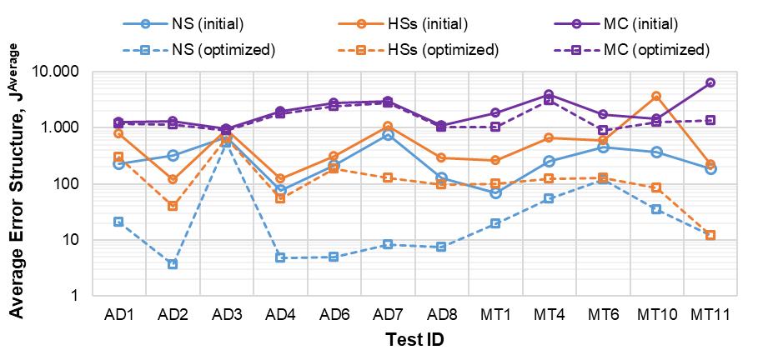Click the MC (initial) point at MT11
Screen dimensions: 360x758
pyautogui.click(x=710, y=82)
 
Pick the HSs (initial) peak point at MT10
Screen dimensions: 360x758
pyautogui.click(x=656, y=97)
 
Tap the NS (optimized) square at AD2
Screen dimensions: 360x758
pyautogui.click(x=173, y=264)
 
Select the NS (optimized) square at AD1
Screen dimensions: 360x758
pyautogui.click(x=118, y=222)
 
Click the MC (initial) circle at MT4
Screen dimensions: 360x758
pyautogui.click(x=549, y=95)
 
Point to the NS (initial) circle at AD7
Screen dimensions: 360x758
pyautogui.click(x=388, y=134)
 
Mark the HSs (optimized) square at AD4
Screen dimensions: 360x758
pyautogui.click(x=280, y=198)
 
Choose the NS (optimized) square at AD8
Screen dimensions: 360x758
pyautogui.click(x=441, y=247)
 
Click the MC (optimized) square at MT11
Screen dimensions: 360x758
pyautogui.click(x=710, y=120)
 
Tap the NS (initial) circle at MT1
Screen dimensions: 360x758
pyautogui.click(x=495, y=192)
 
